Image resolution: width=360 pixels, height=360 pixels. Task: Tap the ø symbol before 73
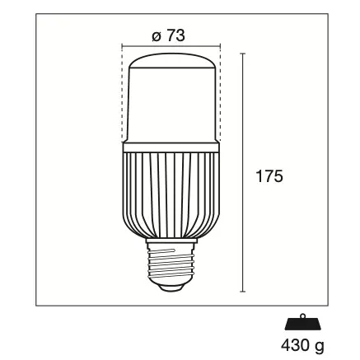[156, 36]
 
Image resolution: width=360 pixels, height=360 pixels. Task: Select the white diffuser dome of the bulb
[171, 95]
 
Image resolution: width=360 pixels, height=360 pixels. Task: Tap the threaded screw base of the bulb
[171, 259]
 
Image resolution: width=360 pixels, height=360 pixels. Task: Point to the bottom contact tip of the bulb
[171, 288]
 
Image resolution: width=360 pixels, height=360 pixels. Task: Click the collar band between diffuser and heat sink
[171, 147]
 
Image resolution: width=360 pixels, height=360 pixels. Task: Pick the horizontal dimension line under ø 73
[171, 46]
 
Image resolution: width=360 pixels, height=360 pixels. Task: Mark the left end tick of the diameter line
[122, 46]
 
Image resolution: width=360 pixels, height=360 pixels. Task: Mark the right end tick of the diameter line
[222, 46]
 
